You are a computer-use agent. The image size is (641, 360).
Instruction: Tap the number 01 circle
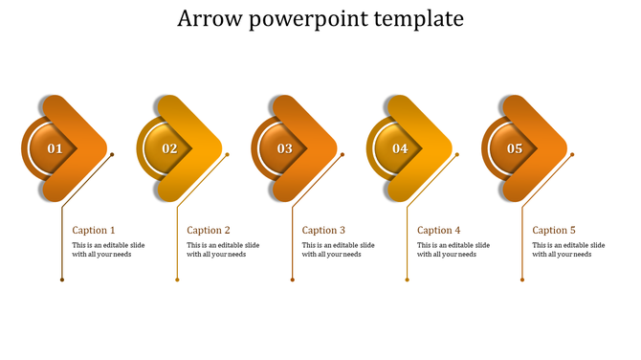click(x=55, y=148)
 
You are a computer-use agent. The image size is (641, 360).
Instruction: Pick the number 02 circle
click(x=169, y=148)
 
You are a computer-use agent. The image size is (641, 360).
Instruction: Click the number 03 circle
click(x=285, y=148)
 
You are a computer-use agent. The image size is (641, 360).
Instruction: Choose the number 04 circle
click(x=400, y=148)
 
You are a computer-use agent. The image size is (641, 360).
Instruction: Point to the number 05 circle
click(x=515, y=148)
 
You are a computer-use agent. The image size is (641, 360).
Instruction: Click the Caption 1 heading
click(x=94, y=230)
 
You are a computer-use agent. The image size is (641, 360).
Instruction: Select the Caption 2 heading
click(x=209, y=230)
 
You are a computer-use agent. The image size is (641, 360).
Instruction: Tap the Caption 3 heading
click(x=323, y=230)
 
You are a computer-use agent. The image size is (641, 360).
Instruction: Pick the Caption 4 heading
click(x=439, y=230)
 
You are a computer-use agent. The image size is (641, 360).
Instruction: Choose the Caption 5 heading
click(x=554, y=230)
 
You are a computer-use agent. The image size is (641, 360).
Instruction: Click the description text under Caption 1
click(x=108, y=250)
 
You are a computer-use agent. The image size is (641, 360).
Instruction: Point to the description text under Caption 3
click(x=338, y=250)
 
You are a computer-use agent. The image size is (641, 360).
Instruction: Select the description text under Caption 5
click(x=568, y=250)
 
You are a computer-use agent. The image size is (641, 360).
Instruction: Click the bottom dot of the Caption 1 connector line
click(x=62, y=280)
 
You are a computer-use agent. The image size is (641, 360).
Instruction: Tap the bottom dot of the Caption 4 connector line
click(x=408, y=280)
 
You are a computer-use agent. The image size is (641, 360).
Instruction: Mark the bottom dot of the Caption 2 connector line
click(x=177, y=280)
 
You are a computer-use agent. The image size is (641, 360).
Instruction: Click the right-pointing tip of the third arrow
click(x=335, y=148)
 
